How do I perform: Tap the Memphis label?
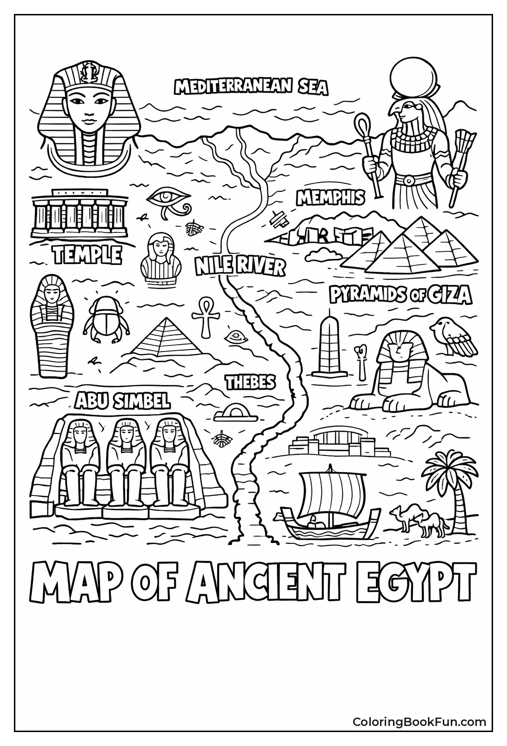click(x=330, y=198)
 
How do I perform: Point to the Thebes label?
click(x=250, y=382)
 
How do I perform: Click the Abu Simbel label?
click(x=122, y=400)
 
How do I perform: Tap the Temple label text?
click(x=87, y=255)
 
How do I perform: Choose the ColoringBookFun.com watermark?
click(x=419, y=722)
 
